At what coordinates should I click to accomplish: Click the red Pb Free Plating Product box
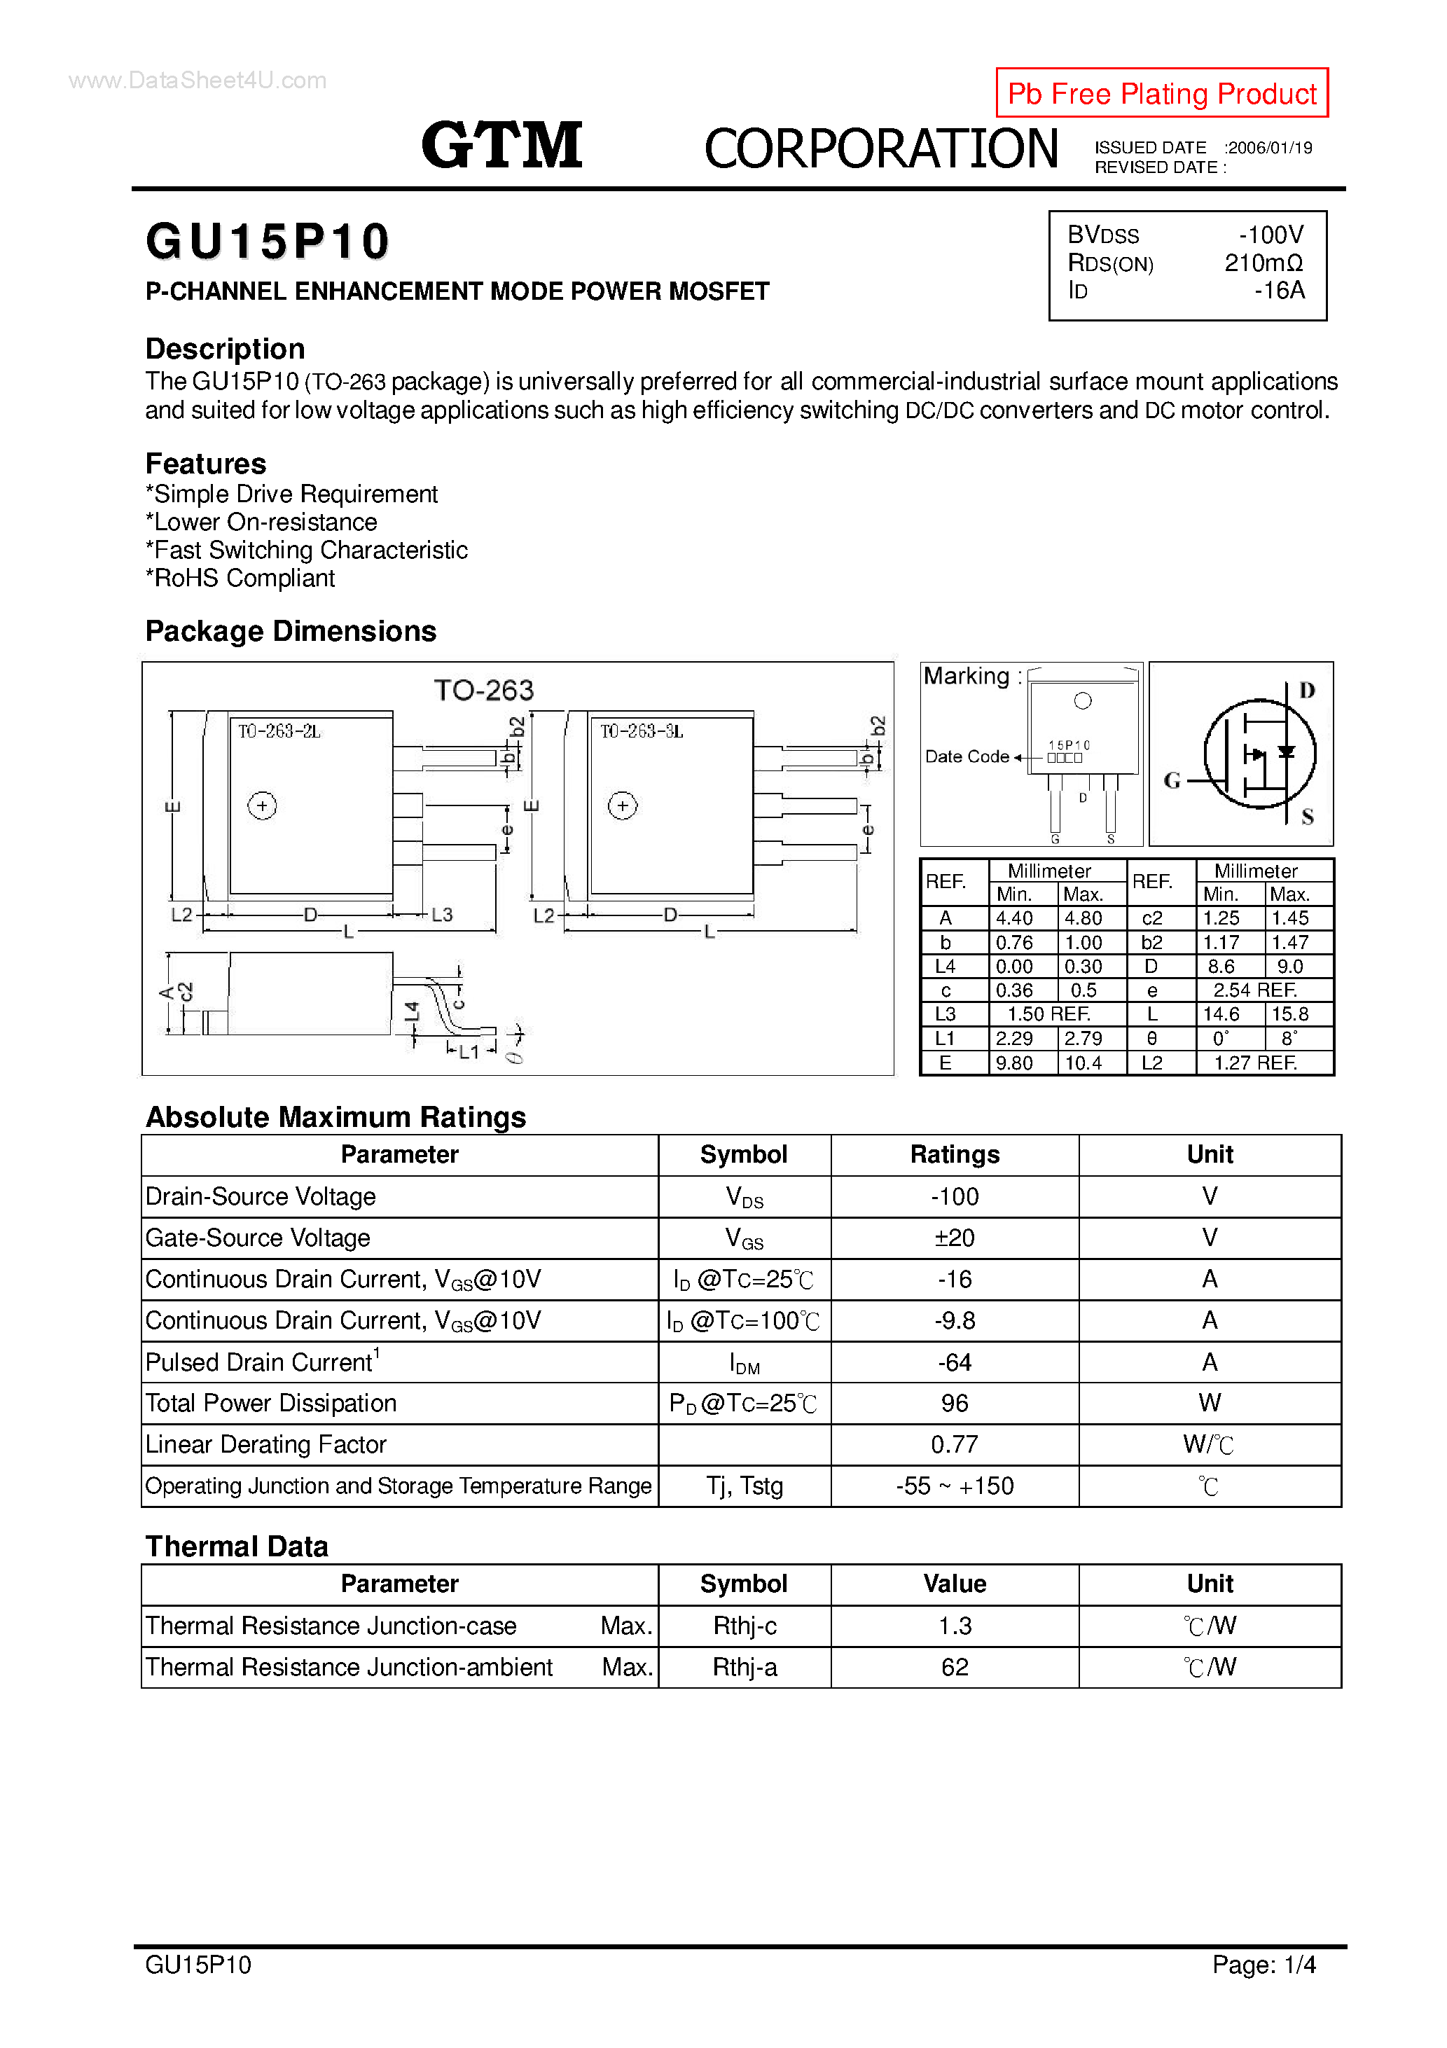click(1161, 92)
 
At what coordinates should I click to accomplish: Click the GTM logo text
click(501, 146)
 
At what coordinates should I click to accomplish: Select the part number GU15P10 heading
click(268, 242)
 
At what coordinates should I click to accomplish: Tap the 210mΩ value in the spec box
click(1263, 263)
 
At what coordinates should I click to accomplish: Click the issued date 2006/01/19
click(1270, 148)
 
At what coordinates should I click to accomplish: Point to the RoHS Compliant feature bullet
click(241, 578)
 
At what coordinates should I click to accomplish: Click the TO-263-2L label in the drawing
click(278, 731)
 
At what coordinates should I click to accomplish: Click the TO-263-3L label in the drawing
click(641, 731)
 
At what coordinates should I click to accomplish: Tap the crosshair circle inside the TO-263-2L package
click(262, 805)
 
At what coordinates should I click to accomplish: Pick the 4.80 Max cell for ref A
click(1082, 918)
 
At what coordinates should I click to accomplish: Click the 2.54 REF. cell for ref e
click(1254, 990)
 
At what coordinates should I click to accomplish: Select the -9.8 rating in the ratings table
click(954, 1320)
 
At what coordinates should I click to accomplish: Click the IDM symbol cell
click(744, 1363)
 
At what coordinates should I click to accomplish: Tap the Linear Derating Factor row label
click(266, 1444)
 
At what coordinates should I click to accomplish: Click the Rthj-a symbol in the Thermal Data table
click(744, 1667)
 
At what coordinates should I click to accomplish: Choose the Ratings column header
click(954, 1154)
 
